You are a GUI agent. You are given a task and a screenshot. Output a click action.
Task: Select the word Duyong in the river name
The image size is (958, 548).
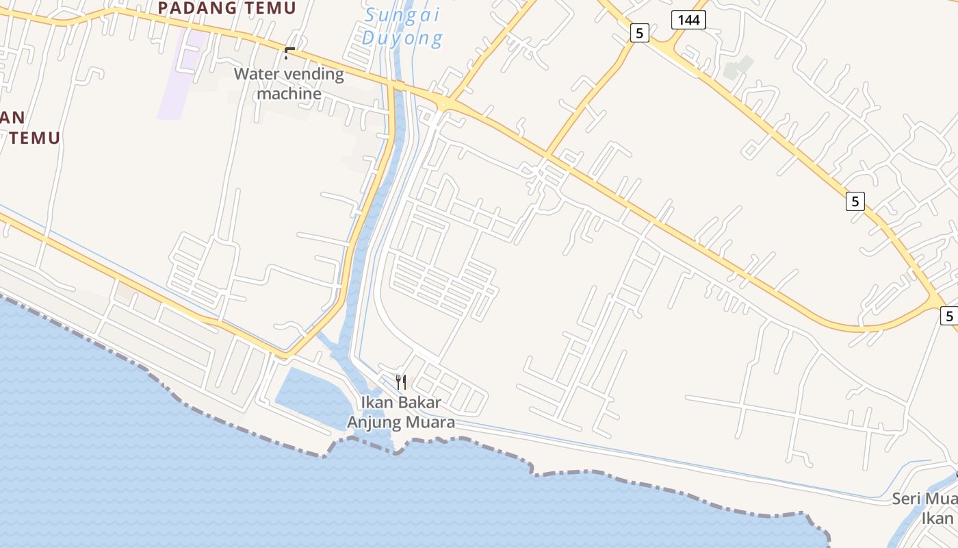[x=402, y=38]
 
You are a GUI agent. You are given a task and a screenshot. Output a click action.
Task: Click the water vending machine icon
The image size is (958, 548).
[x=289, y=53]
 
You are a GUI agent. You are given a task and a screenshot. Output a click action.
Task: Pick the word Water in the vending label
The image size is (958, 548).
[x=255, y=74]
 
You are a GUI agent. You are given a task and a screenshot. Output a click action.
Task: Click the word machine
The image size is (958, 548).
[x=289, y=93]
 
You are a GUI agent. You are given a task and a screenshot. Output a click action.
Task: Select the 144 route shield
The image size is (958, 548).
[x=688, y=20]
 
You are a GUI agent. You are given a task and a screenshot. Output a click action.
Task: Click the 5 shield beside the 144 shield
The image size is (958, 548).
[x=639, y=32]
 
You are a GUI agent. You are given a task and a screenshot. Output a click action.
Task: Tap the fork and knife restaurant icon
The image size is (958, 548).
[x=401, y=382]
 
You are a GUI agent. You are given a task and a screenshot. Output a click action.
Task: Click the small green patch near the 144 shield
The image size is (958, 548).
[x=738, y=68]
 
